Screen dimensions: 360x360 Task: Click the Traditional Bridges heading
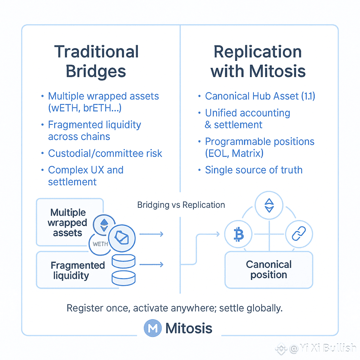click(96, 62)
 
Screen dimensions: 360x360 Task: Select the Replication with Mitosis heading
click(258, 62)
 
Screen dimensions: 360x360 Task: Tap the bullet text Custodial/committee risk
click(105, 153)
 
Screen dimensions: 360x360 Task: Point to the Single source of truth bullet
click(253, 170)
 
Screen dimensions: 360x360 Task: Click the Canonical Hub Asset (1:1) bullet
click(260, 96)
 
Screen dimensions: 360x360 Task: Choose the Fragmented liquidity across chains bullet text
click(94, 130)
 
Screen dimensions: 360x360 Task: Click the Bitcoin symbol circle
click(238, 235)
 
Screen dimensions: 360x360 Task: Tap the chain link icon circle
click(299, 235)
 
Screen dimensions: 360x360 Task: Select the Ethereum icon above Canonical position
click(269, 206)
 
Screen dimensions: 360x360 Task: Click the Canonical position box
click(269, 270)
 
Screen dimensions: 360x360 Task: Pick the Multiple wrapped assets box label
click(68, 223)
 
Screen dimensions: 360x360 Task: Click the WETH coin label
click(100, 244)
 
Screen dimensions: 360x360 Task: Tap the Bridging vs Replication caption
click(181, 205)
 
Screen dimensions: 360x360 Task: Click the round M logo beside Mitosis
click(153, 328)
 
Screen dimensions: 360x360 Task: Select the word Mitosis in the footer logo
click(189, 328)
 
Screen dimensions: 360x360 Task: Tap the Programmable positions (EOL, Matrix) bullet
click(260, 148)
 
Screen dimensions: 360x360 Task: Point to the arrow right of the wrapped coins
click(152, 234)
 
